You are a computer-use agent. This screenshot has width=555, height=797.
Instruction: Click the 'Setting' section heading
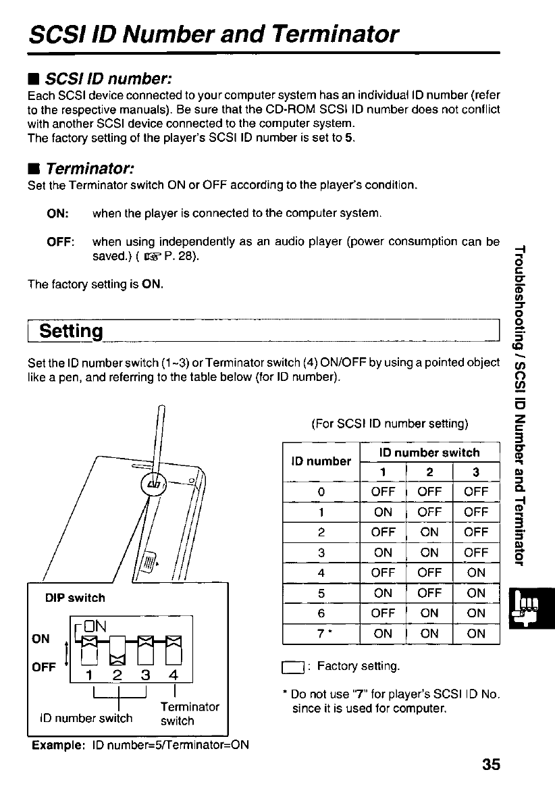coord(71,332)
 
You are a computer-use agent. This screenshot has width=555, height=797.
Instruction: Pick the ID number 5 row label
coord(321,593)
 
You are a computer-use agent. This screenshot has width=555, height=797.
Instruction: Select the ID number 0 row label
coord(321,492)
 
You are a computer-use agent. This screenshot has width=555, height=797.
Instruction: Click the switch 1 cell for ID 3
coord(383,552)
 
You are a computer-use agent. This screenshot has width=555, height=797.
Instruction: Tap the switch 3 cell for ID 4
coord(476,573)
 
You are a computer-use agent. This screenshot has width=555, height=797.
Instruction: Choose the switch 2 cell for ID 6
coord(429,613)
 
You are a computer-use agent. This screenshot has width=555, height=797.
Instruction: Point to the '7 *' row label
coord(322,634)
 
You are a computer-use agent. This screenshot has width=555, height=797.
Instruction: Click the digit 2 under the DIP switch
coord(116,676)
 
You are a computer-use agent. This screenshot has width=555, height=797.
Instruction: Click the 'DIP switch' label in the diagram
coord(75,598)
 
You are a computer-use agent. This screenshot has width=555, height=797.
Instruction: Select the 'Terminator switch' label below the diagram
coord(190,714)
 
